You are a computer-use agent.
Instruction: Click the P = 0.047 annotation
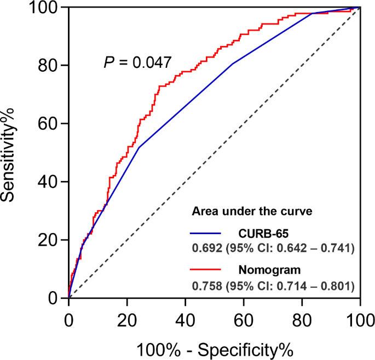point(137,62)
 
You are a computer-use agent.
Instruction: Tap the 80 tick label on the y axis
point(49,65)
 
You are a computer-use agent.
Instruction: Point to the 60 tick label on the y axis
point(49,124)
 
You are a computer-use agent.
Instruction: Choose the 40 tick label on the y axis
point(49,182)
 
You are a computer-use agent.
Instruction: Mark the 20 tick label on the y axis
point(49,240)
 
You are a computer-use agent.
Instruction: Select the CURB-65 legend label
point(258,231)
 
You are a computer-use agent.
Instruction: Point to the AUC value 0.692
point(204,248)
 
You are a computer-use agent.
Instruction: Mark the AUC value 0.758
point(204,286)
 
